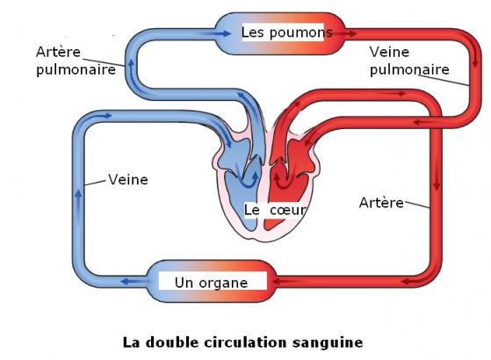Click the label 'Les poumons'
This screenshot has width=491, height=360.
(x=287, y=32)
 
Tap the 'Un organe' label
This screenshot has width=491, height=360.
(x=212, y=283)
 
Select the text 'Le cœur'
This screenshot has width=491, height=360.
(x=275, y=210)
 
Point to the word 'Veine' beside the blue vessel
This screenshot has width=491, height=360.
(x=128, y=179)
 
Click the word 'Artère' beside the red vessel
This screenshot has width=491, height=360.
(x=381, y=203)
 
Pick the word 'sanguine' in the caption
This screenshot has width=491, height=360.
(x=328, y=342)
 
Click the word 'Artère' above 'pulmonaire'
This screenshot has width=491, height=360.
(x=58, y=52)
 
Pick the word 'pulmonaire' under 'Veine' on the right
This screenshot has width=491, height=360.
(x=409, y=69)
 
